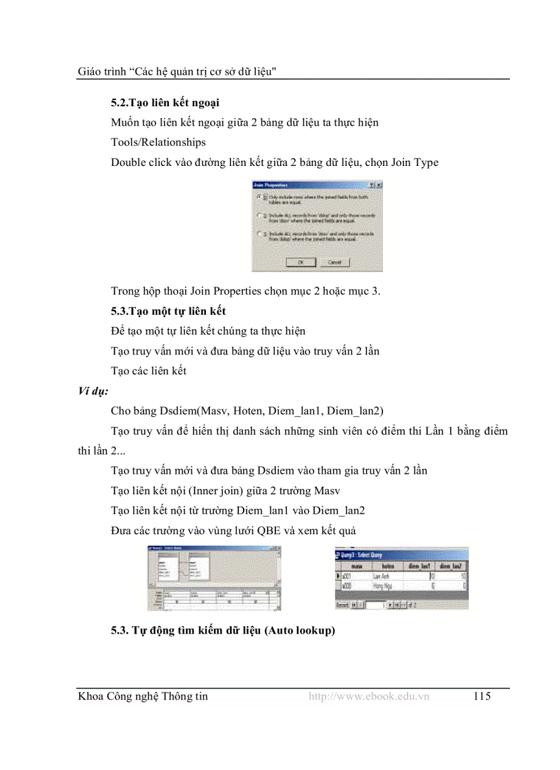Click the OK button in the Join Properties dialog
(x=301, y=262)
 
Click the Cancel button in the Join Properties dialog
(x=335, y=262)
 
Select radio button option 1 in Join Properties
(x=258, y=197)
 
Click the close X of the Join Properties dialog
(x=379, y=185)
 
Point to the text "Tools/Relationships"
(x=158, y=143)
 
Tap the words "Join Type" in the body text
(x=415, y=163)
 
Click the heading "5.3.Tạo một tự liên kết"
(x=168, y=311)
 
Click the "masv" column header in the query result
(x=356, y=566)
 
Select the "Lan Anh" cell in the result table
(x=382, y=577)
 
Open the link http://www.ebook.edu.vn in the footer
(x=369, y=697)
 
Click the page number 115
(x=482, y=697)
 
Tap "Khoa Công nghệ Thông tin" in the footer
(x=143, y=697)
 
